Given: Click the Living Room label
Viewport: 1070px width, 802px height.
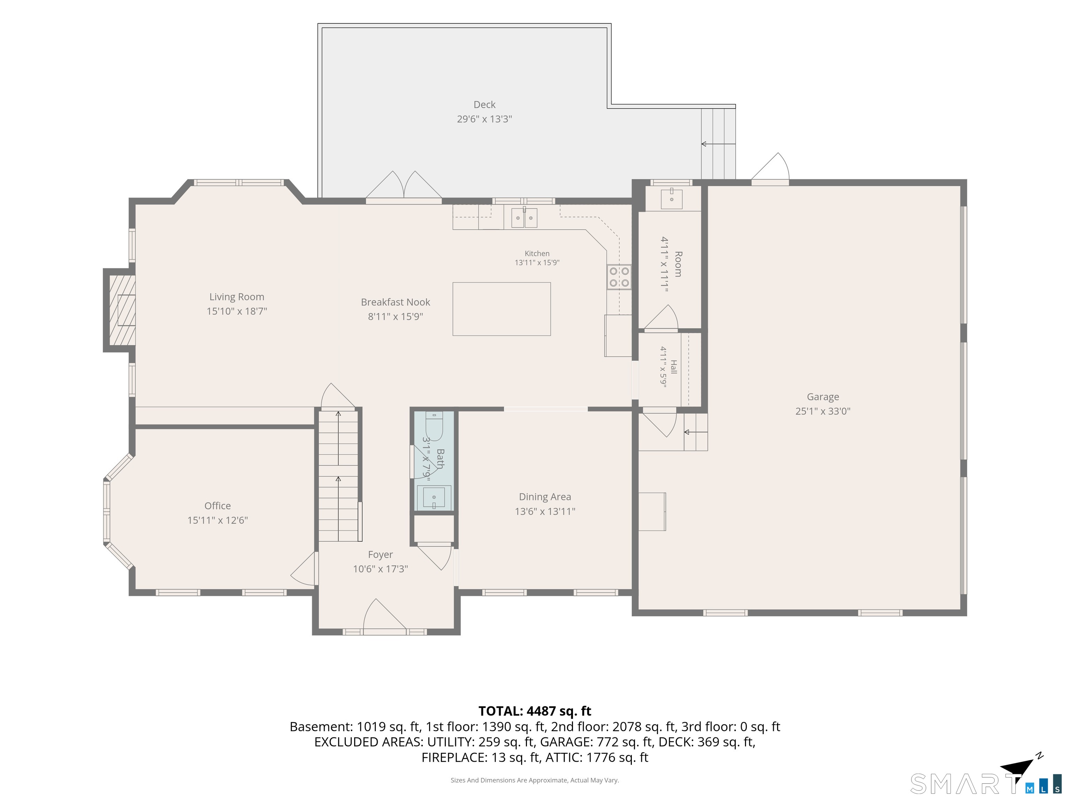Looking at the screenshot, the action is (x=237, y=297).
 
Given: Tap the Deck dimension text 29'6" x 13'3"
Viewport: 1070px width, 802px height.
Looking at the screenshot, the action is (x=484, y=119).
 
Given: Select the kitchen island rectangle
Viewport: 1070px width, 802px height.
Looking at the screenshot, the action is (x=502, y=309).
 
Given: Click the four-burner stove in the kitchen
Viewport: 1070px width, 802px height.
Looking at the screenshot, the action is (x=619, y=277).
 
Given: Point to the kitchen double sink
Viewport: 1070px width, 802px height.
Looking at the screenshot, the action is (x=524, y=218).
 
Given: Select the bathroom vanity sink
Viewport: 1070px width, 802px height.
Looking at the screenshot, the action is (x=434, y=497).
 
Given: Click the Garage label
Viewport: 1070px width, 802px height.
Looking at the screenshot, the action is (x=823, y=397).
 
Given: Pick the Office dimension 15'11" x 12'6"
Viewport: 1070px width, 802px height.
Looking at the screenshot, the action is (x=218, y=520).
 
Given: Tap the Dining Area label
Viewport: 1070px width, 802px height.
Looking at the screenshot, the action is (x=545, y=497).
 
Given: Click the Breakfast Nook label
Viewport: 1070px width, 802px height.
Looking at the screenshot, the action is (x=395, y=302).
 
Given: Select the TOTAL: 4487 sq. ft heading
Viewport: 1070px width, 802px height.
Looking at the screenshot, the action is (x=535, y=711).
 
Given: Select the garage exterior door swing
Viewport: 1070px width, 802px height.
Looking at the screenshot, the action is (x=770, y=168).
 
